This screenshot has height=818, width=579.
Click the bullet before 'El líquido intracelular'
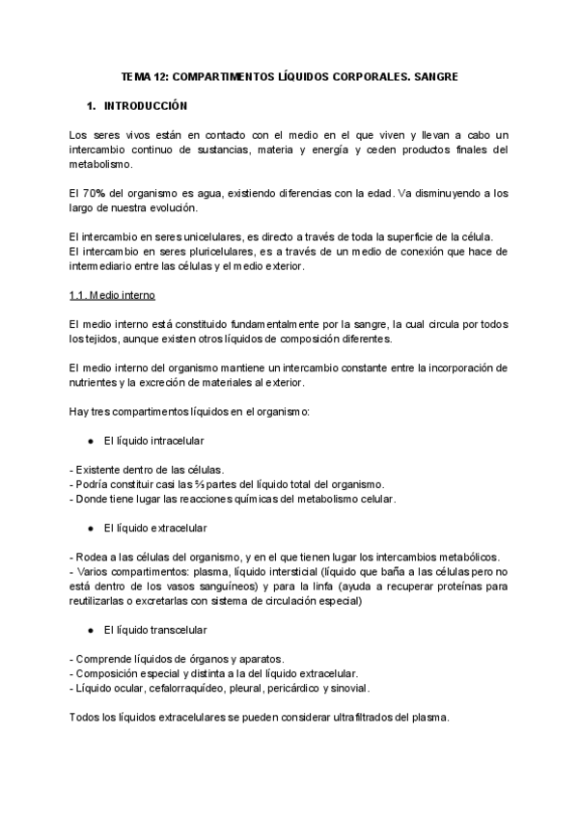click(89, 440)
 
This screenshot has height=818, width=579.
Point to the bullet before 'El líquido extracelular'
click(89, 529)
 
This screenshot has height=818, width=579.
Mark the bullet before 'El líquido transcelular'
click(89, 630)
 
